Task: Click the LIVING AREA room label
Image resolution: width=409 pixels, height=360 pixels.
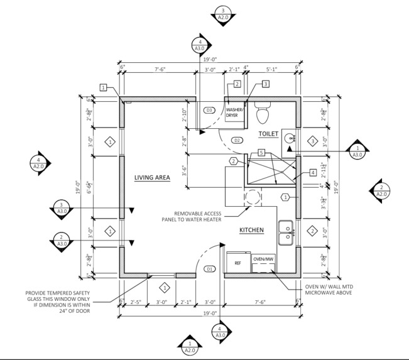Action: point(152,178)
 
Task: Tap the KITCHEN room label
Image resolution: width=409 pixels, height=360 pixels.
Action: point(251,230)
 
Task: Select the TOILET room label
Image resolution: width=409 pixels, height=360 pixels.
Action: point(268,134)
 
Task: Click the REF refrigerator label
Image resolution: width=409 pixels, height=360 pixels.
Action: point(238,263)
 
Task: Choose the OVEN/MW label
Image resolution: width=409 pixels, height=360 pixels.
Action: point(263,259)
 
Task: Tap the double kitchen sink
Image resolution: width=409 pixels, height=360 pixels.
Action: point(286,231)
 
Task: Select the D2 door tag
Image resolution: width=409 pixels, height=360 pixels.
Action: point(237,139)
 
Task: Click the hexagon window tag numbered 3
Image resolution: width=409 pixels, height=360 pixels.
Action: point(312,142)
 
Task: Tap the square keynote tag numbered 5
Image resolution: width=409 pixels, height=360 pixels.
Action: point(261,151)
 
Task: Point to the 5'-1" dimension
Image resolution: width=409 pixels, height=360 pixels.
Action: point(272,70)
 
